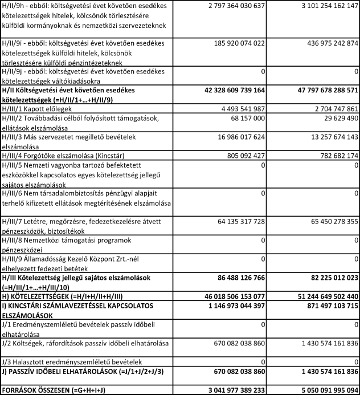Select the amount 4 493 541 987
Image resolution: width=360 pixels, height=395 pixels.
(253, 108)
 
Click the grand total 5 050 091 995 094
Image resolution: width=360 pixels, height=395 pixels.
(322, 389)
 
